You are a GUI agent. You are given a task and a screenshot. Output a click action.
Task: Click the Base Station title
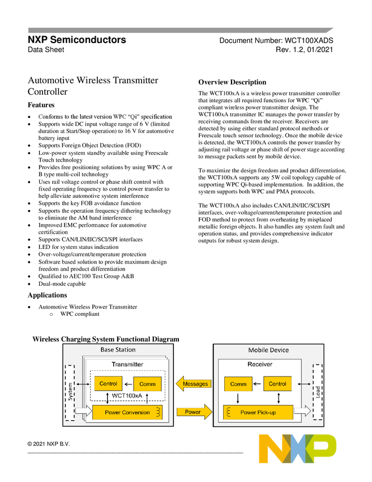coord(118,350)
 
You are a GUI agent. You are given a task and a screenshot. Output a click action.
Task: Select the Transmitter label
coord(127,364)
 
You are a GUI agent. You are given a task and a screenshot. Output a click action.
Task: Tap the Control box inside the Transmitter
coord(108,384)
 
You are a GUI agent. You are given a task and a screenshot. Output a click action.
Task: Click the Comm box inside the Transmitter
coord(147,384)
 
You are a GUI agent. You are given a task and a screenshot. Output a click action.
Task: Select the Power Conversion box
coord(127,412)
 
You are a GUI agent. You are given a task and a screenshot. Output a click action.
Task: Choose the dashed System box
coord(70,393)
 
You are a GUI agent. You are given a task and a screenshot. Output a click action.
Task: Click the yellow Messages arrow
coord(194,384)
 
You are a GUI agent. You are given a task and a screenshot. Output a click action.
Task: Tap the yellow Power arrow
coord(194,412)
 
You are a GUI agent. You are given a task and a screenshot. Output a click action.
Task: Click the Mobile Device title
coord(268,350)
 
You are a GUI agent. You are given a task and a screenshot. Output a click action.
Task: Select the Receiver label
coord(260,364)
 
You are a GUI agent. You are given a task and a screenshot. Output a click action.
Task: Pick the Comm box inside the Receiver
coord(238,384)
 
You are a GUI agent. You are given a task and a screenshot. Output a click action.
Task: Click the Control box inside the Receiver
coord(277,384)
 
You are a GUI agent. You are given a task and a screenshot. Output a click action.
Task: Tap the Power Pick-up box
coord(258,412)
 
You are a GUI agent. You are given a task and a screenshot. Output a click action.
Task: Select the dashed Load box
coord(317,393)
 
